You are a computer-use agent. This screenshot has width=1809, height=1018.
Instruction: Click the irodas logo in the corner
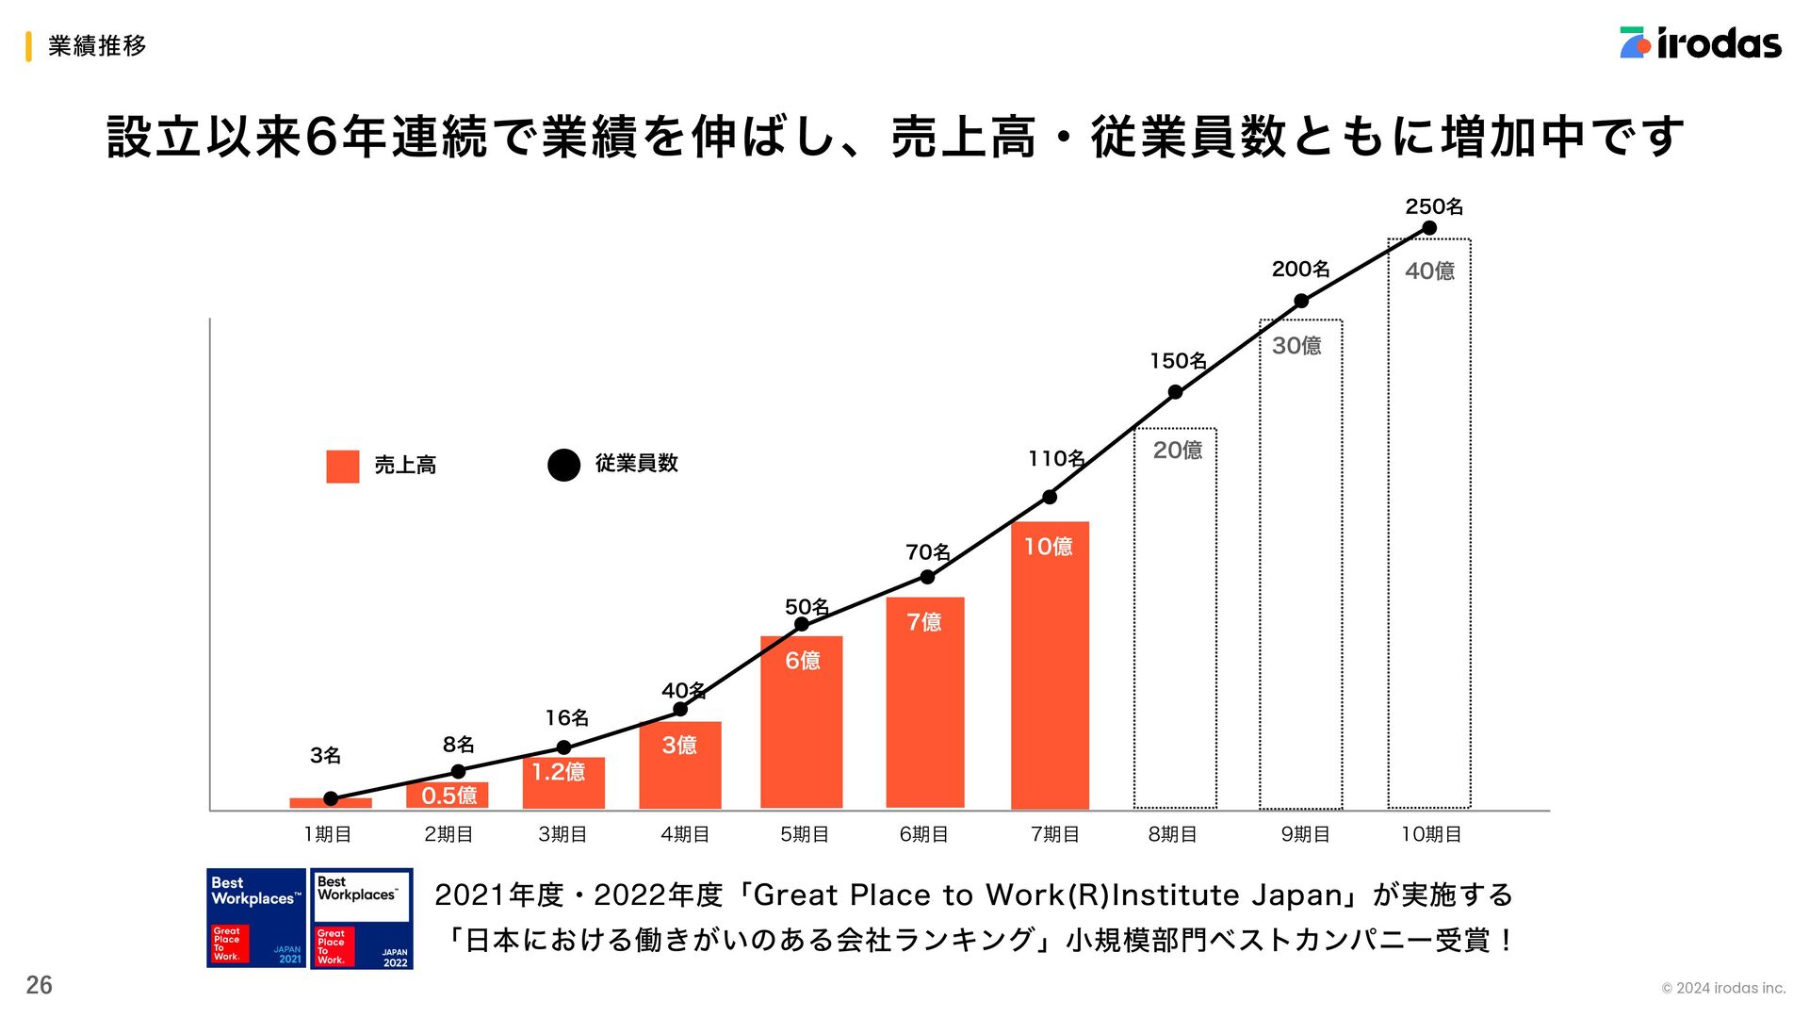point(1700,43)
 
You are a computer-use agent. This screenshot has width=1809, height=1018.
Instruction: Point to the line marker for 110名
point(1050,497)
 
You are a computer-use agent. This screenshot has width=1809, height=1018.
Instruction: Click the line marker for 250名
point(1428,228)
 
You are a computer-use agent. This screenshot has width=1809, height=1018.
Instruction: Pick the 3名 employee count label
point(325,755)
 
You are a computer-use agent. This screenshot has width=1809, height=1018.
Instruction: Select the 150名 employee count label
point(1178,361)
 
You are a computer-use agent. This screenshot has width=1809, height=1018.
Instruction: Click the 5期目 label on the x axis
point(804,834)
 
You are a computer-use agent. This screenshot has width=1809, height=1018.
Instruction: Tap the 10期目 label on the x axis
point(1430,834)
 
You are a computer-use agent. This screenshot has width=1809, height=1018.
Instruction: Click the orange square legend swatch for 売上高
point(343,467)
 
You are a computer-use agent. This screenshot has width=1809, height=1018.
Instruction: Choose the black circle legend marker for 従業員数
point(563,465)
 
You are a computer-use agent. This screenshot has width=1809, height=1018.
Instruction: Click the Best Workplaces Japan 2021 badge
point(256,918)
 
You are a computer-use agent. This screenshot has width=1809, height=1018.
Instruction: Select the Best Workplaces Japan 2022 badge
point(362,918)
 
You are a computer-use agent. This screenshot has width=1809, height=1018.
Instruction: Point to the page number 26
point(40,985)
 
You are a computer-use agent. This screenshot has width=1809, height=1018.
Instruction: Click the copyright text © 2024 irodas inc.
point(1723,988)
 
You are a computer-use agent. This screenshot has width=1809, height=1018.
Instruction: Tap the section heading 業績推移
point(97,45)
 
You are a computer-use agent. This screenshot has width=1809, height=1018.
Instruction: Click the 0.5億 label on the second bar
point(448,796)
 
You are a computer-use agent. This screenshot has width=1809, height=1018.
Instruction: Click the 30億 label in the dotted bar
point(1296,346)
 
